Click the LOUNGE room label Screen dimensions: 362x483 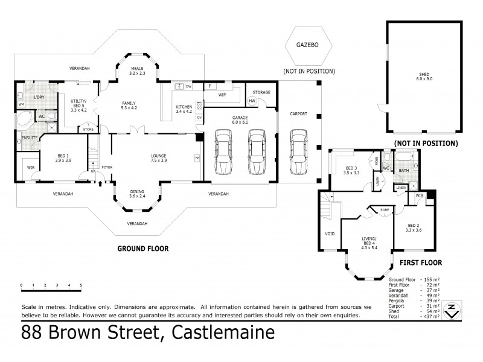(158, 159)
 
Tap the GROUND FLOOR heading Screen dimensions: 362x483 (142, 248)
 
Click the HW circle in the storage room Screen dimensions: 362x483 (252, 101)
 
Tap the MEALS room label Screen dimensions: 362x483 (138, 71)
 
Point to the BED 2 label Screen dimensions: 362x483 (414, 227)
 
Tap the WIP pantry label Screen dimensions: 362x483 (222, 95)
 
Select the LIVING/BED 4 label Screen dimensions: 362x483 (368, 228)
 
